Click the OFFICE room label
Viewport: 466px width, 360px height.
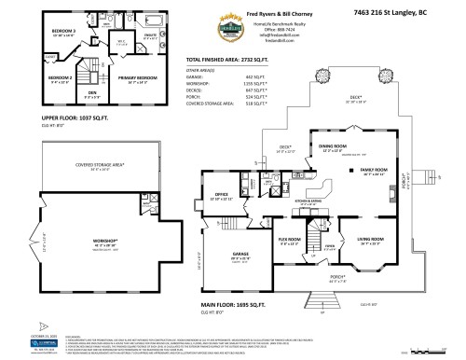pyautogui.click(x=222, y=197)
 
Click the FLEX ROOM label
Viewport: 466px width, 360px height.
pyautogui.click(x=290, y=241)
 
